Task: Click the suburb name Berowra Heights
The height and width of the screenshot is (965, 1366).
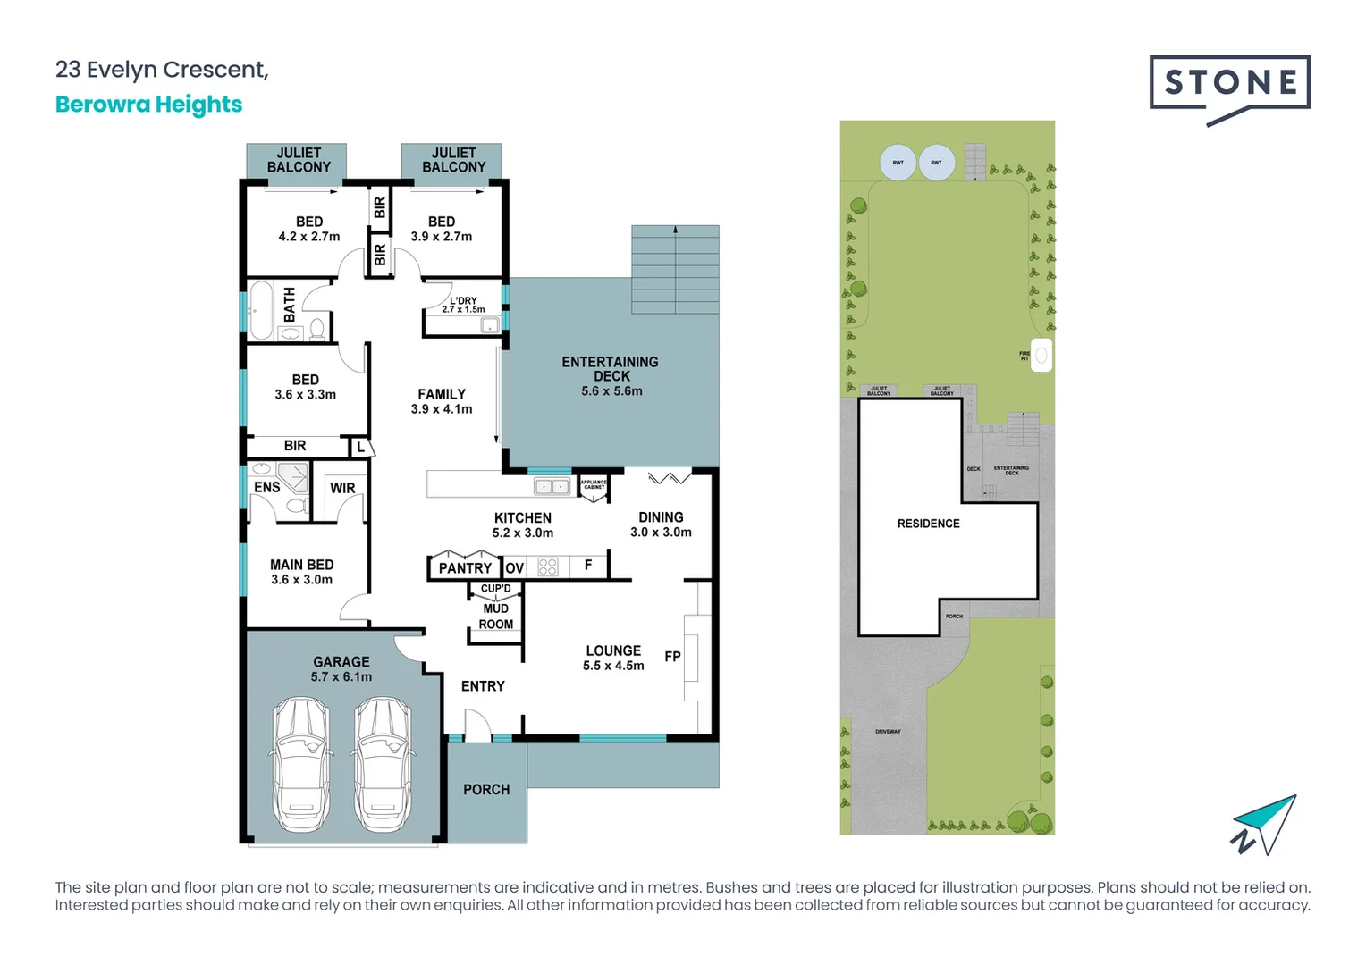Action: (x=148, y=105)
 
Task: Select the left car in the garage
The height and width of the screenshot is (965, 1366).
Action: (x=300, y=764)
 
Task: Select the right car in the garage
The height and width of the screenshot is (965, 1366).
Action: (x=382, y=764)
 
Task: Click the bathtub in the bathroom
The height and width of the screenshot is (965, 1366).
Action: (x=261, y=311)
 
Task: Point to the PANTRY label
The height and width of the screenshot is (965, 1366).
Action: (x=465, y=567)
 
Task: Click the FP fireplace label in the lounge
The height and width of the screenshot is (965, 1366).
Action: (x=672, y=657)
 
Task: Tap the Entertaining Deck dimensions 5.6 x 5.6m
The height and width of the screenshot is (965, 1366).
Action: (x=611, y=391)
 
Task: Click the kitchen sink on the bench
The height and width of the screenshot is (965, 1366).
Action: (x=552, y=487)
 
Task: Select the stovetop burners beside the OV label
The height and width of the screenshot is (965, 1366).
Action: (x=548, y=566)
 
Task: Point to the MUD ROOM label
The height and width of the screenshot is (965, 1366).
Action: (x=496, y=617)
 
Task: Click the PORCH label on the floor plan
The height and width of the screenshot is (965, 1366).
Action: (x=486, y=790)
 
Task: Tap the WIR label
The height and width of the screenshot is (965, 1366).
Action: (x=342, y=488)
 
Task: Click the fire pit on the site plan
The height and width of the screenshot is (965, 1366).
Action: (x=1041, y=355)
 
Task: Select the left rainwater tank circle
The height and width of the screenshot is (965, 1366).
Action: (x=898, y=163)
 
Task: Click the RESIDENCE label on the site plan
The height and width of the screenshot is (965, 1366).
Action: (x=928, y=524)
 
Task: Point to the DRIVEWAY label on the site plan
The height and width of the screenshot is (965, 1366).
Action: (x=888, y=732)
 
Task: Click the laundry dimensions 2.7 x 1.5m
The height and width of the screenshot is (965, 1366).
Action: (x=463, y=310)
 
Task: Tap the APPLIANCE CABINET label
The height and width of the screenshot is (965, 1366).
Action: (x=594, y=484)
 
